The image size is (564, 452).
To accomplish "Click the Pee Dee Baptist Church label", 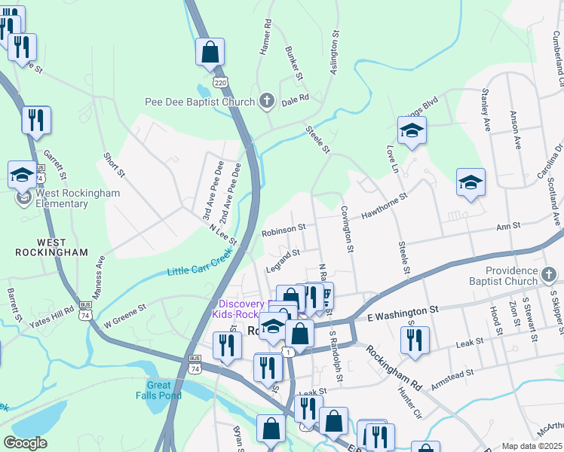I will click(201, 101).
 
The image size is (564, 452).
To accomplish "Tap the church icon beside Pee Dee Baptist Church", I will click(267, 101).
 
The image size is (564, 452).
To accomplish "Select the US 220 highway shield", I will click(219, 81).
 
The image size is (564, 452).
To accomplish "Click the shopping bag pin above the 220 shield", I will click(210, 53).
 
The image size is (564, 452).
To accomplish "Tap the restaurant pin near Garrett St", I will click(36, 120).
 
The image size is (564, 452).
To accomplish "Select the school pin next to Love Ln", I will click(412, 131).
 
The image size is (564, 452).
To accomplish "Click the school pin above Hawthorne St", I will click(471, 182).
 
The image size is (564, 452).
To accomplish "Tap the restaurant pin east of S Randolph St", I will click(415, 340).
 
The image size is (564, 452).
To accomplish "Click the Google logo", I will click(25, 443).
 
